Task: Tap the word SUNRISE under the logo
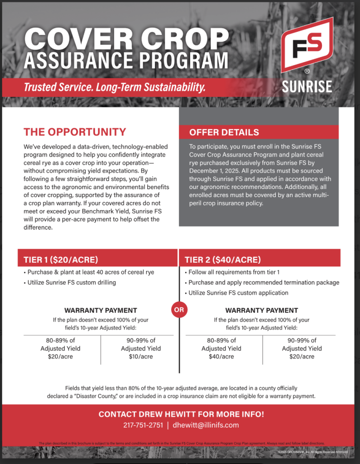(x=307, y=86)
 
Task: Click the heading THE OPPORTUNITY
(x=75, y=132)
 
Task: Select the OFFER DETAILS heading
(x=224, y=132)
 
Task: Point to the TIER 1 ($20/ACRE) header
(x=61, y=260)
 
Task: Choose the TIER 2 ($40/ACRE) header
(x=222, y=260)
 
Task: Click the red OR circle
(x=178, y=310)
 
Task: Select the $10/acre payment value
(x=141, y=357)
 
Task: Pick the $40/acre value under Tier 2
(x=221, y=357)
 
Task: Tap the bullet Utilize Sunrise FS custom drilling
(x=72, y=282)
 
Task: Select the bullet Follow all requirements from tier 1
(x=232, y=272)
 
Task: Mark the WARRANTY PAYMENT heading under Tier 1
(x=101, y=310)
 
